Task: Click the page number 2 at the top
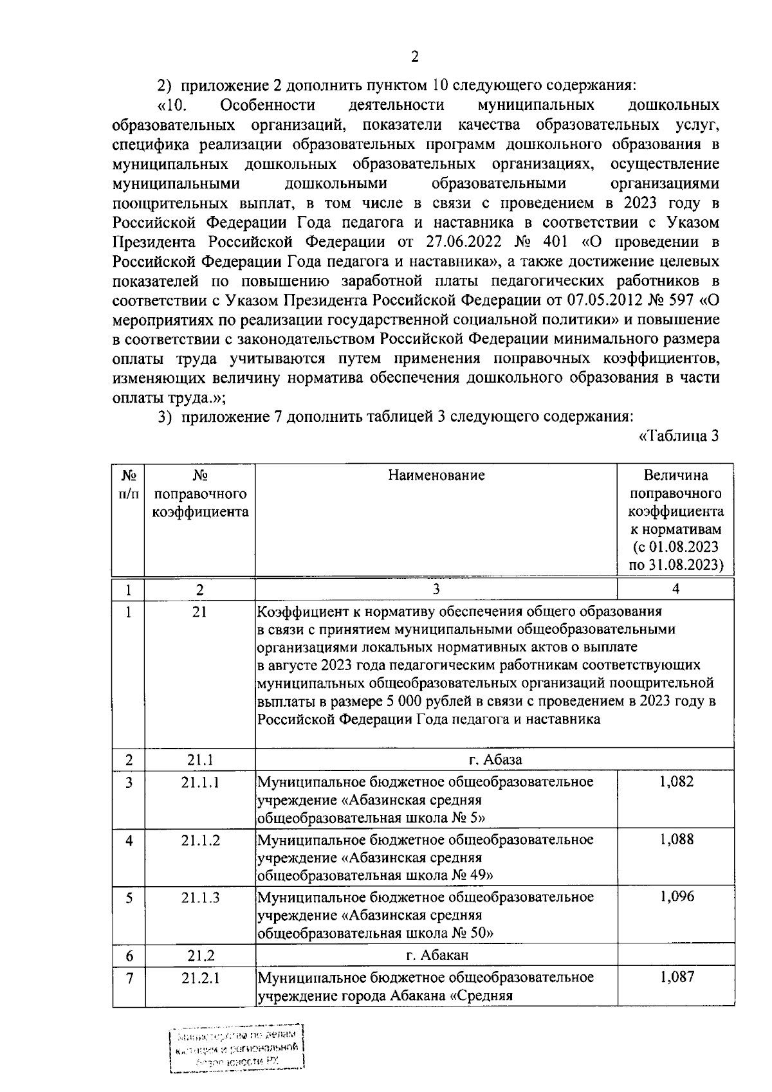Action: [414, 57]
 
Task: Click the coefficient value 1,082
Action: [676, 782]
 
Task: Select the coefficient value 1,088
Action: [676, 839]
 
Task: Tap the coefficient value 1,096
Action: [676, 896]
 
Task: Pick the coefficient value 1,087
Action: [676, 978]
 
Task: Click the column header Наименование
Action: [436, 475]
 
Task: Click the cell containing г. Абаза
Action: [495, 760]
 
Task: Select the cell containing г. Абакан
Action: [437, 955]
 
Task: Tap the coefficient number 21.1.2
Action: [200, 840]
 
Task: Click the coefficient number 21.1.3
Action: [200, 897]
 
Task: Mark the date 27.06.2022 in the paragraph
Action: [463, 242]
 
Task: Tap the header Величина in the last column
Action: [675, 475]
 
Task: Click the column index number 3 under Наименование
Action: [436, 589]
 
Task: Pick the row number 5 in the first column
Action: [129, 897]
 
